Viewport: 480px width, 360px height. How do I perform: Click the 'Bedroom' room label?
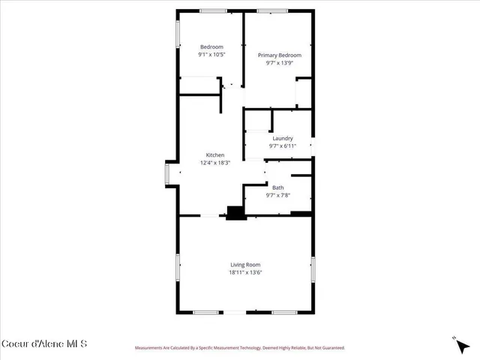click(211, 47)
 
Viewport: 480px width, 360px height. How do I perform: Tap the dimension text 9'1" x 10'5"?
click(211, 55)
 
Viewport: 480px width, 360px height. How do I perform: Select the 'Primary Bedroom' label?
click(279, 55)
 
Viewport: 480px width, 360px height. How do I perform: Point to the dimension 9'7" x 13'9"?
click(279, 63)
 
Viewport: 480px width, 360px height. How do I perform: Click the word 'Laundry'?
click(282, 138)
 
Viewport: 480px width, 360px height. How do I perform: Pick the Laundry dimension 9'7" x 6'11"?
click(282, 145)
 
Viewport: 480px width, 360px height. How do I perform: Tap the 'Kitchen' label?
click(214, 155)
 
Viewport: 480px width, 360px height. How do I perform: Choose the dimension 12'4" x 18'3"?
click(214, 163)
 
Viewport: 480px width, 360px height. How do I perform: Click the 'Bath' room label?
click(278, 187)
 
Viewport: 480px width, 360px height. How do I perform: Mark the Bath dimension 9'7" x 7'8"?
click(278, 195)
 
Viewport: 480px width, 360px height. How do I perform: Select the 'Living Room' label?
click(245, 265)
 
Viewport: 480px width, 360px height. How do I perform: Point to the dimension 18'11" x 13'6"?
click(245, 272)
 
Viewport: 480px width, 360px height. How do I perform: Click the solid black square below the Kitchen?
click(236, 213)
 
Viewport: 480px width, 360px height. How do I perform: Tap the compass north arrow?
click(458, 345)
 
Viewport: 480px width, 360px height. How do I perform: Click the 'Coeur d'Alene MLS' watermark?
click(44, 343)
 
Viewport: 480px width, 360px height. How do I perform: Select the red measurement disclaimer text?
click(239, 348)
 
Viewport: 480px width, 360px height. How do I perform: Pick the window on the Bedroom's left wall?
click(178, 34)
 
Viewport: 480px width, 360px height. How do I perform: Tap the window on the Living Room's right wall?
click(313, 270)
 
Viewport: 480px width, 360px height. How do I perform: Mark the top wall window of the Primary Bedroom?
click(266, 10)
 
